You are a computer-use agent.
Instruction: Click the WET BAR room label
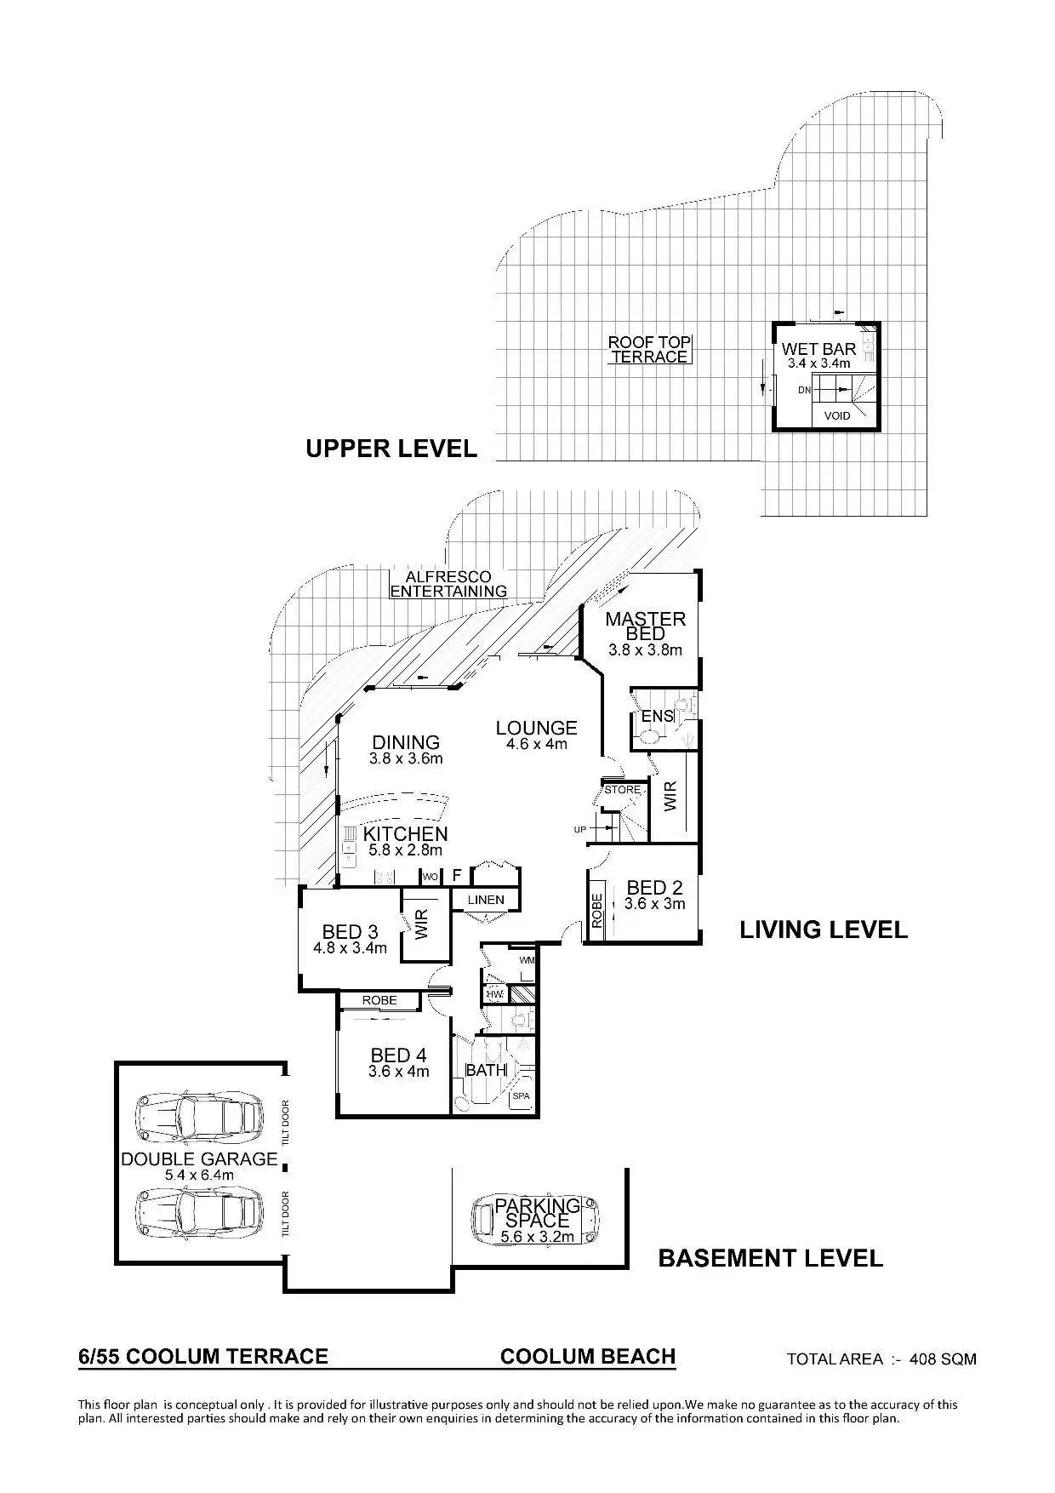[x=818, y=349]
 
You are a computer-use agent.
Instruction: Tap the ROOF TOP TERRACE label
[x=649, y=350]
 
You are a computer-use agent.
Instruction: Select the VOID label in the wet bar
[x=837, y=416]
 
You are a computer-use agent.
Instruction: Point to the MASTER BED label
[x=645, y=626]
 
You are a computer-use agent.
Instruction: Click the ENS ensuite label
[x=657, y=716]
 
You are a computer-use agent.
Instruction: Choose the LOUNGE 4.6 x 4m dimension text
[x=536, y=744]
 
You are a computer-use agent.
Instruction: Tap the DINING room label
[x=406, y=742]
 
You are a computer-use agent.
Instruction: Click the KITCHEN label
[x=406, y=834]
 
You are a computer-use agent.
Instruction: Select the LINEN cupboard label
[x=486, y=900]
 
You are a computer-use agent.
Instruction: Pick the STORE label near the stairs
[x=622, y=790]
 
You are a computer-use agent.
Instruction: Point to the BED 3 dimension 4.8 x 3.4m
[x=350, y=948]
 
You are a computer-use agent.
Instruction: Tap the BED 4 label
[x=398, y=1055]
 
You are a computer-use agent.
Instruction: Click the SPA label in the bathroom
[x=521, y=1095]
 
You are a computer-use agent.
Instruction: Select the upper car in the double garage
[x=199, y=1115]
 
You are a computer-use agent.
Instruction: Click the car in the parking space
[x=536, y=1219]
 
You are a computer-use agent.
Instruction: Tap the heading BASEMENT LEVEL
[x=771, y=1257]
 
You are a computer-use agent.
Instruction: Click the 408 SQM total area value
[x=943, y=1359]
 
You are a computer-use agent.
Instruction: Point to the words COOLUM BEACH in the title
[x=588, y=1356]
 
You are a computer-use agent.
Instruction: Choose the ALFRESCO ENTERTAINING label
[x=448, y=584]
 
